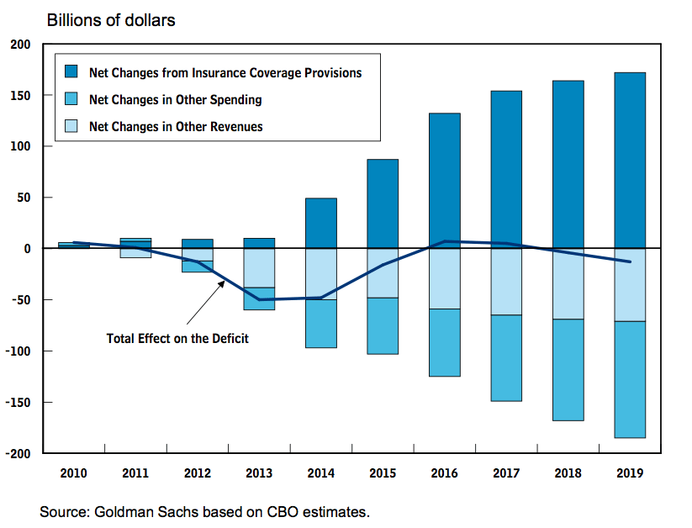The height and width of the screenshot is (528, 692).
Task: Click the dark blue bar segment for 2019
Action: [x=629, y=160]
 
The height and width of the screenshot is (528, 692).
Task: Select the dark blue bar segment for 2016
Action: [x=445, y=177]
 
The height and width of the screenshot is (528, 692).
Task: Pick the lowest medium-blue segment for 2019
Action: [x=629, y=379]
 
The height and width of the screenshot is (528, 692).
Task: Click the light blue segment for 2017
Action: [x=506, y=282]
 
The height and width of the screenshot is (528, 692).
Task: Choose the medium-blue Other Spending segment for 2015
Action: [x=383, y=325]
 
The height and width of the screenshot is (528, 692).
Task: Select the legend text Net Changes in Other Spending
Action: [x=175, y=100]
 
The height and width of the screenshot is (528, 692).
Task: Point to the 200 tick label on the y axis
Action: [x=21, y=45]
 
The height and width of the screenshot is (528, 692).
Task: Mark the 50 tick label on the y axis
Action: [x=24, y=198]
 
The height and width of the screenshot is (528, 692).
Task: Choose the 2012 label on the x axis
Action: [x=198, y=473]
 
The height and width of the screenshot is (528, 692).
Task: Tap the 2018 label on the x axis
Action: [x=568, y=473]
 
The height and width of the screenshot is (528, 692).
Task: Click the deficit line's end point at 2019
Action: [x=629, y=261]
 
